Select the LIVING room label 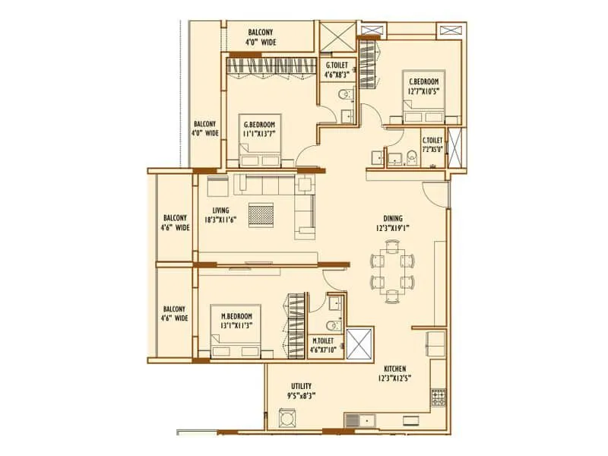(221, 211)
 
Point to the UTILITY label (302, 385)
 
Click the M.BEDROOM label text (236, 315)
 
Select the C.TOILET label (432, 140)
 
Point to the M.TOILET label (325, 341)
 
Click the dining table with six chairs (394, 271)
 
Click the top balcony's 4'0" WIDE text (262, 43)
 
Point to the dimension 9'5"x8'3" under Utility (302, 395)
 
